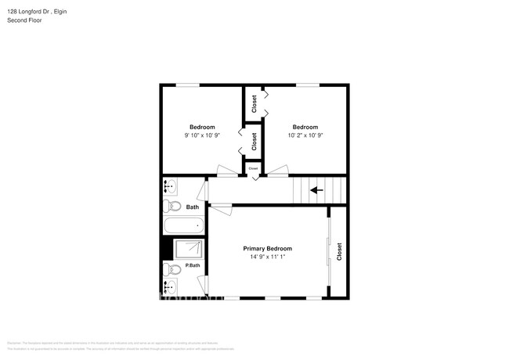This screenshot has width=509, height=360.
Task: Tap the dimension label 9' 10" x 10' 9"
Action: pyautogui.click(x=202, y=135)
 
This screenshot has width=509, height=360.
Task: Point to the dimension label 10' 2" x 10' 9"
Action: pyautogui.click(x=305, y=135)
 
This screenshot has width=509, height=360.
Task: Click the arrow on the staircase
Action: pyautogui.click(x=317, y=189)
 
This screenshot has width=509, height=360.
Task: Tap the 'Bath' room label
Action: pyautogui.click(x=193, y=207)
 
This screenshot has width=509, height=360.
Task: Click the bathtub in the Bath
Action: pyautogui.click(x=183, y=226)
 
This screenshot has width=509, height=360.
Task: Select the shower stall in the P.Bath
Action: pyautogui.click(x=188, y=249)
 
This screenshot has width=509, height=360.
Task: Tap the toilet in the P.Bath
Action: pyautogui.click(x=173, y=269)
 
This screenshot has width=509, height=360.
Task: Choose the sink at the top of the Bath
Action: pyautogui.click(x=171, y=187)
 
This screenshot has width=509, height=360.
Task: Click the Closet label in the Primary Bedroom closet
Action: pyautogui.click(x=339, y=251)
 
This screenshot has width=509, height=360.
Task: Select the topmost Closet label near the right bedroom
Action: pyautogui.click(x=254, y=104)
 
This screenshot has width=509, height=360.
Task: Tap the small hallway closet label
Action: pyautogui.click(x=253, y=168)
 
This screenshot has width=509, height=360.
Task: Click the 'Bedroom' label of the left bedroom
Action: pyautogui.click(x=202, y=127)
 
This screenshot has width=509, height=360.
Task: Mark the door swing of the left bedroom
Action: pyautogui.click(x=226, y=170)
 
